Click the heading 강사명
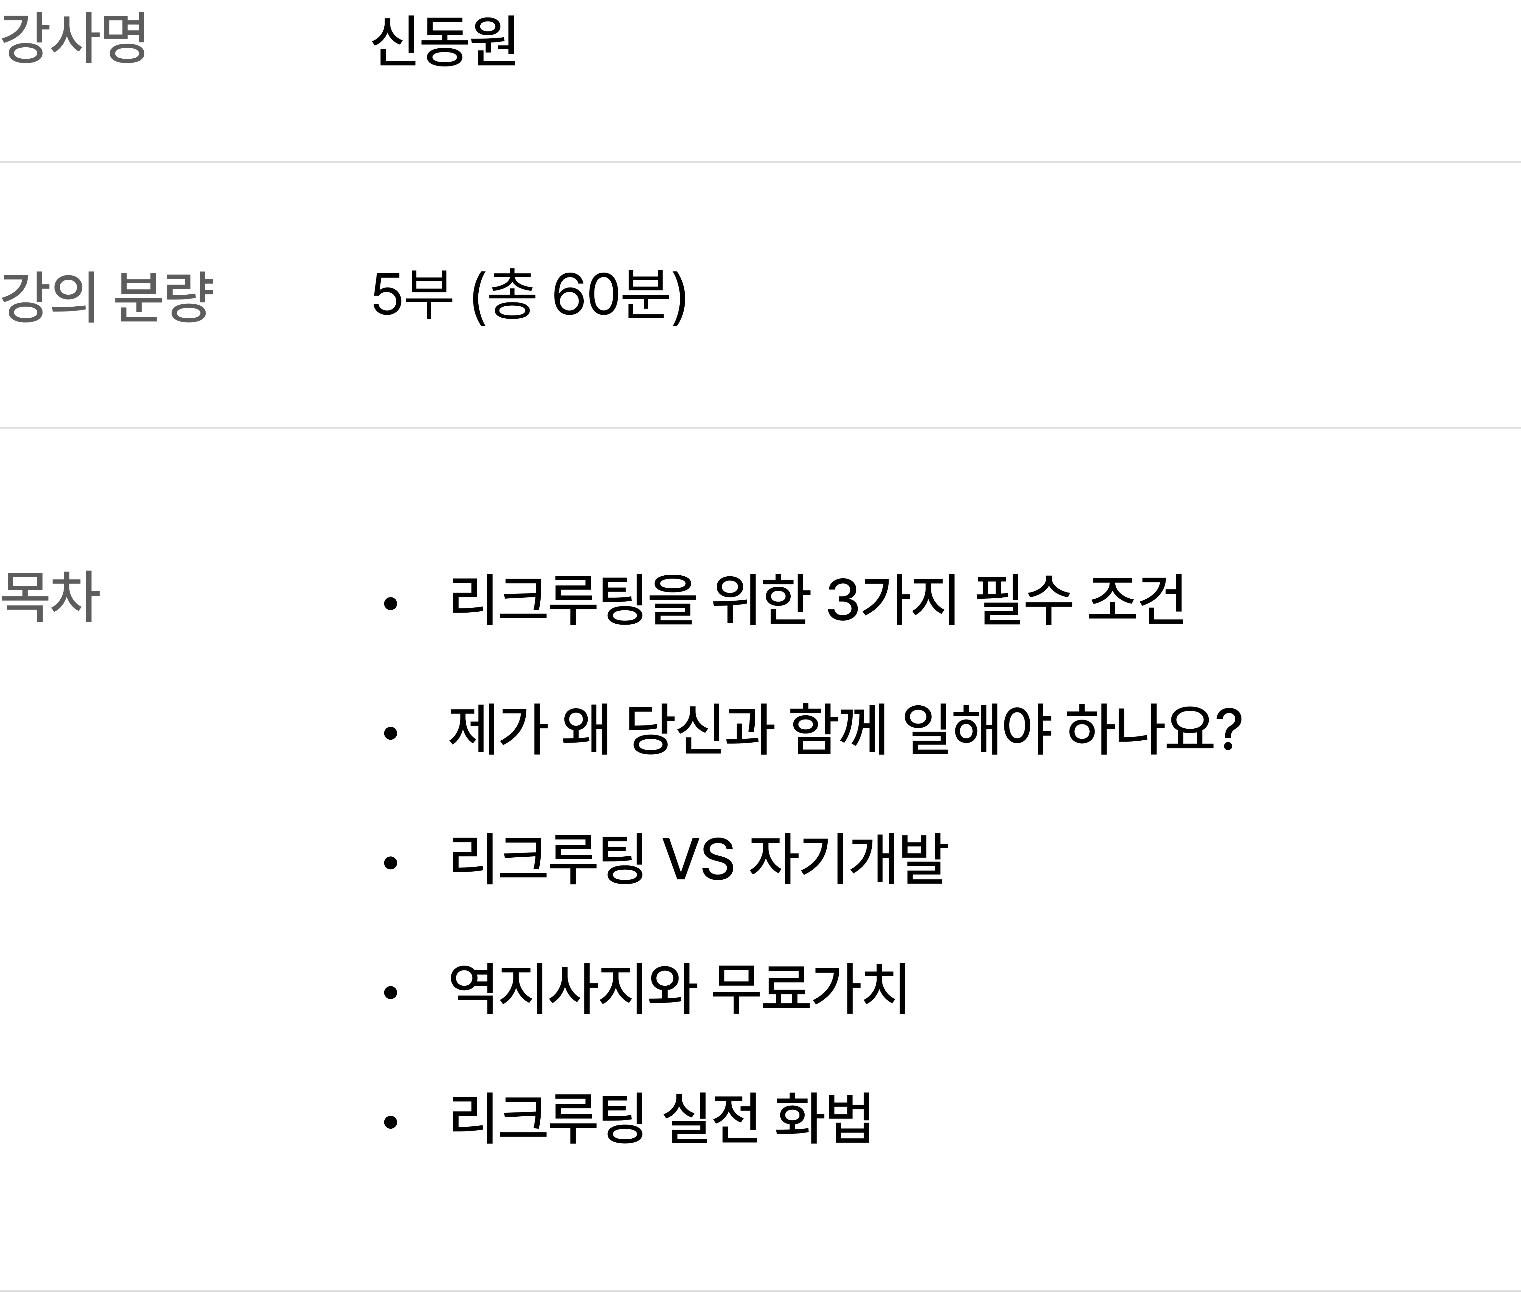73,38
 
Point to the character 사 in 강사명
73,38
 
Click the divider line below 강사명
760,161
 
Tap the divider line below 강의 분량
760,427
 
